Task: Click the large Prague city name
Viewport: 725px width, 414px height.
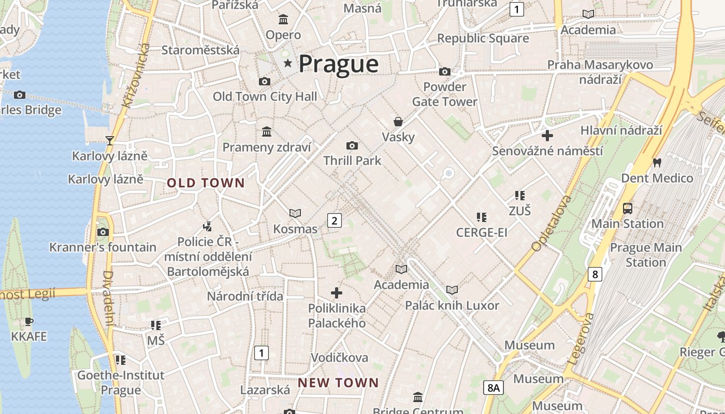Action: pos(339,64)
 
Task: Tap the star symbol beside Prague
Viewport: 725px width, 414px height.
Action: pos(287,63)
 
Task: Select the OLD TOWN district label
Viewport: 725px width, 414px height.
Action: pos(206,183)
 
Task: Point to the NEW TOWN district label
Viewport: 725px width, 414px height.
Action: pos(338,383)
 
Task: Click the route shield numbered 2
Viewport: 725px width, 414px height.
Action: pos(335,221)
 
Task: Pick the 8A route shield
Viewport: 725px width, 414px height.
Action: pos(494,387)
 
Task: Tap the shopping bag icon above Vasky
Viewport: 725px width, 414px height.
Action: pos(398,122)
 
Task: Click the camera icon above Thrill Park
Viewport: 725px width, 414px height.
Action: pos(352,146)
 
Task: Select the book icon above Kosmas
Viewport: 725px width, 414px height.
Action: pos(295,213)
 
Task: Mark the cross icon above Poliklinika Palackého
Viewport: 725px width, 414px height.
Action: pos(337,293)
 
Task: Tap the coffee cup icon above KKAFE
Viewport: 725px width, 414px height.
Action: pos(29,322)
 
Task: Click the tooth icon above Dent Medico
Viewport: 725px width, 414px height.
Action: pos(657,162)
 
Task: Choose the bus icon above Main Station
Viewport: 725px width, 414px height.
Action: pos(628,209)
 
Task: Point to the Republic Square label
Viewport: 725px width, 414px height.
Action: pos(483,38)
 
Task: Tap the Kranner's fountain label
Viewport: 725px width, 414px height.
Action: pos(103,247)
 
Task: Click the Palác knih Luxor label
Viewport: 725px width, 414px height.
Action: pos(452,306)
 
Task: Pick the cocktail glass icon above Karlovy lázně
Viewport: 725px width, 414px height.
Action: pos(109,140)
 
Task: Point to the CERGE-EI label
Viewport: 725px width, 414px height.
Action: pos(482,233)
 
